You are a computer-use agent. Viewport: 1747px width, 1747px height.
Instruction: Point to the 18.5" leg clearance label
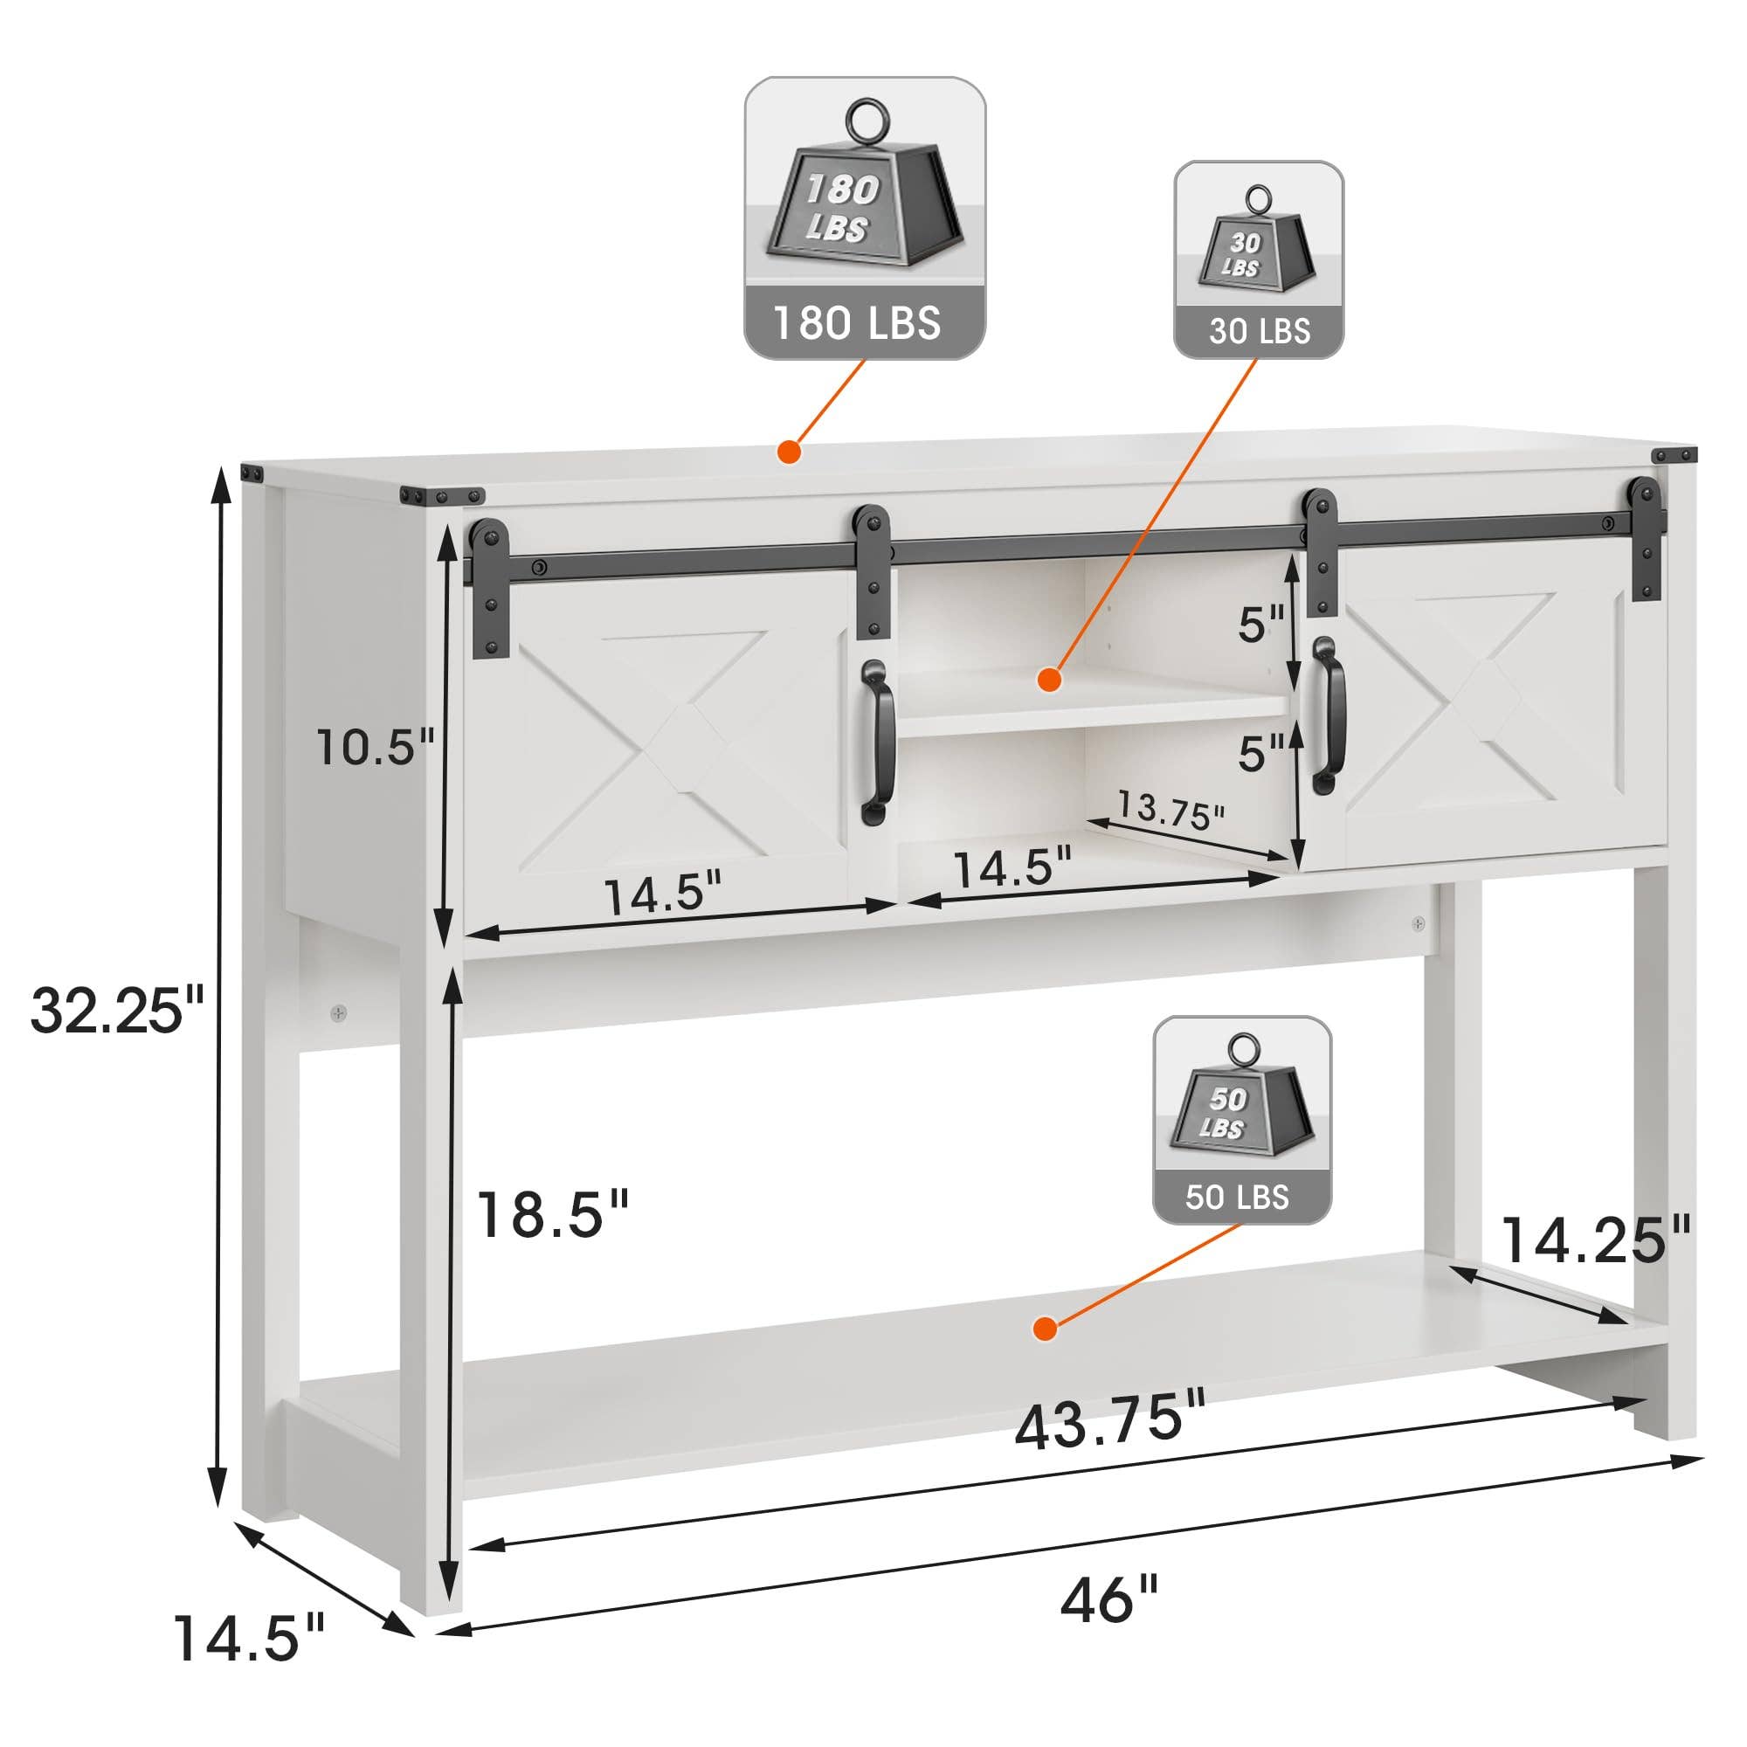(551, 1214)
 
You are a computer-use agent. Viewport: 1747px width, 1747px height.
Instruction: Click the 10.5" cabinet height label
(376, 747)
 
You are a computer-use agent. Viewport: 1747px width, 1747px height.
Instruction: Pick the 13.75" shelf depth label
(1170, 810)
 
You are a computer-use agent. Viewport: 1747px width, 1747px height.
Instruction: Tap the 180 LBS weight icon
(865, 217)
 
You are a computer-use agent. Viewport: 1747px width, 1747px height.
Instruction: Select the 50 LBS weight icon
(1241, 1120)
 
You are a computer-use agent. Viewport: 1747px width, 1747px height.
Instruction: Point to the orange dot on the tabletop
(790, 452)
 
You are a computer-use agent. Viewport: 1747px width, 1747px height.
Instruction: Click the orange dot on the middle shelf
(1049, 679)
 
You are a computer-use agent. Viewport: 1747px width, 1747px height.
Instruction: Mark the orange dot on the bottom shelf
(1046, 1329)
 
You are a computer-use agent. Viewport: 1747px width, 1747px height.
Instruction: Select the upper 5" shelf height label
(1261, 624)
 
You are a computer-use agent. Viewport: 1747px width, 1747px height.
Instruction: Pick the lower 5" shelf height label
(1261, 752)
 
